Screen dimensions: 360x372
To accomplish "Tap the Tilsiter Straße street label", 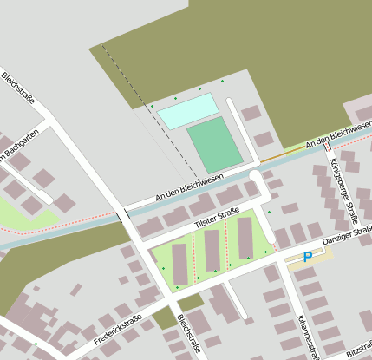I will click(x=215, y=219).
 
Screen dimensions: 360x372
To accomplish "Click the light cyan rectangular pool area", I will click(x=187, y=110).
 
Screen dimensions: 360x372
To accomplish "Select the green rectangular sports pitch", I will click(x=214, y=145).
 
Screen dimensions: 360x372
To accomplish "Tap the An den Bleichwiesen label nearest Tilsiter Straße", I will click(x=189, y=187).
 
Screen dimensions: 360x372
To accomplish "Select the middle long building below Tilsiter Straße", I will click(x=212, y=250).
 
